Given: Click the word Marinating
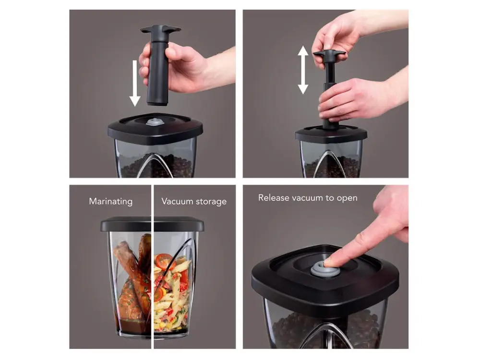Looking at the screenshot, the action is point(111,202).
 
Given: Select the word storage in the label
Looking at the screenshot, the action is point(211,202).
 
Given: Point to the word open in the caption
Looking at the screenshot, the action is point(347,198).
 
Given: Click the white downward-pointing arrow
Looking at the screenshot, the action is point(135,83).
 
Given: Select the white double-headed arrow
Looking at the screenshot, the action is point(303,70).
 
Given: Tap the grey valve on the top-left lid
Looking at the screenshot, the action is point(155,122).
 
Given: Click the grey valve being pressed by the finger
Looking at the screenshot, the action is point(323,268).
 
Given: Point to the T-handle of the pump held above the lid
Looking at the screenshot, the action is point(160,30).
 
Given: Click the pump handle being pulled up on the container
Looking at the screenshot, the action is point(329,55).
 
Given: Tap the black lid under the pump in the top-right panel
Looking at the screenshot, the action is point(331,134).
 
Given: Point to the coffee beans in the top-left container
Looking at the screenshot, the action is point(156,167).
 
